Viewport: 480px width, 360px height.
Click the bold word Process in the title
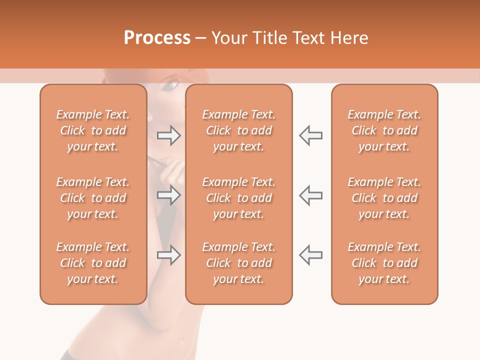[157, 38]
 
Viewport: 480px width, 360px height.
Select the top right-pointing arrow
[168, 135]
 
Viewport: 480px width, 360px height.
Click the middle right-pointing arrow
[168, 195]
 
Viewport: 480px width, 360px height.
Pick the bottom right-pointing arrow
[168, 255]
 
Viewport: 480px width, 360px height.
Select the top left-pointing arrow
[311, 135]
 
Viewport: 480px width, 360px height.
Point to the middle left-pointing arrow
[311, 195]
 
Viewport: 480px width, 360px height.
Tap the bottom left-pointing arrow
[311, 255]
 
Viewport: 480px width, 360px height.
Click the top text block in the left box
[93, 130]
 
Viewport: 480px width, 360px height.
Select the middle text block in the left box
[93, 198]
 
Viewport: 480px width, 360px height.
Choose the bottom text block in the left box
[93, 263]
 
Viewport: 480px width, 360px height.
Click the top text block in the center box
[238, 130]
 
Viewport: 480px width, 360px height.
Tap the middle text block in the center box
[238, 198]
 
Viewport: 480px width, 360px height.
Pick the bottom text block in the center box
[238, 263]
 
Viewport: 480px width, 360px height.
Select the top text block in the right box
[384, 130]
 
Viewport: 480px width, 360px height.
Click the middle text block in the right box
[384, 198]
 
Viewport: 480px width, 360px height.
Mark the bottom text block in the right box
[384, 263]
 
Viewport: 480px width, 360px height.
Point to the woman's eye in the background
[170, 86]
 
